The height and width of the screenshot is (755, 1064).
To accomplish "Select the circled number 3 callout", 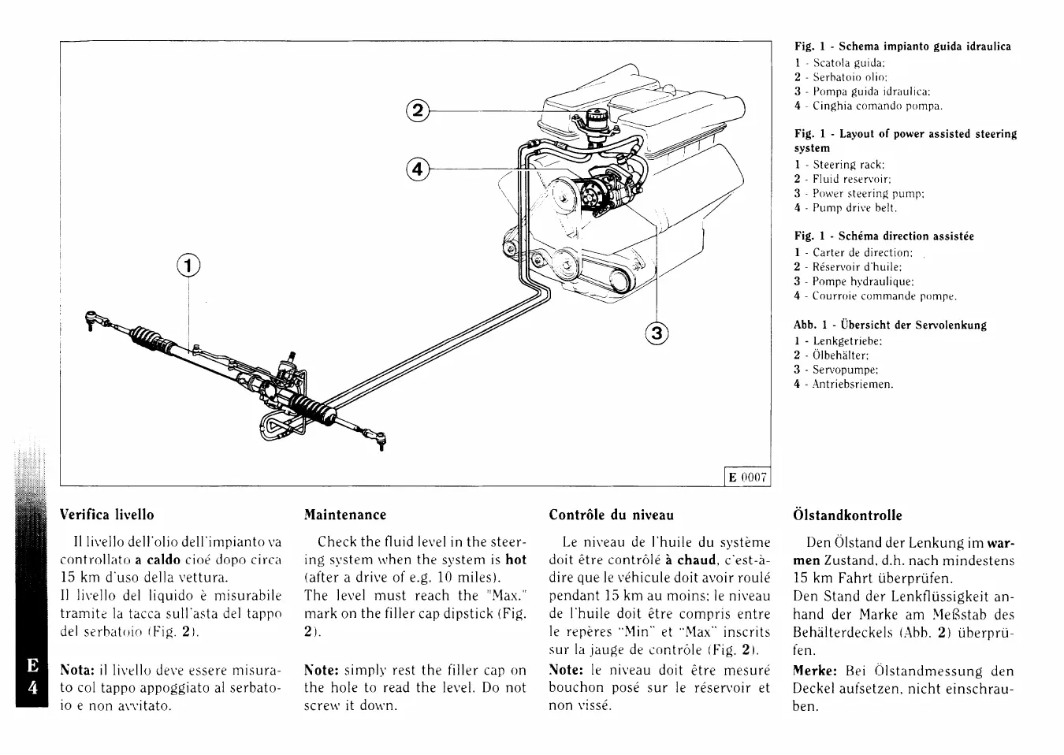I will [656, 334].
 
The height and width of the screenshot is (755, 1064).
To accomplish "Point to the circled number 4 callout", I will [418, 169].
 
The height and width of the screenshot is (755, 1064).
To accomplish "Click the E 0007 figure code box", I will [747, 477].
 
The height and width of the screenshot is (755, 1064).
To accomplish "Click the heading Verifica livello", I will [107, 515].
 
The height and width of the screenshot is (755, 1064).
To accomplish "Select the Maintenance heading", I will [345, 515].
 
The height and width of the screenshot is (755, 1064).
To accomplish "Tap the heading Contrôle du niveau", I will [611, 515].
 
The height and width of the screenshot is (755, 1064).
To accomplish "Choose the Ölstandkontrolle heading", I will [847, 515].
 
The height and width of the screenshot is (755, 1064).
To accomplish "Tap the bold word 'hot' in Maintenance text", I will [515, 559].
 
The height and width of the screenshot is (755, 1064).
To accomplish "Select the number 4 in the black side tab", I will [32, 686].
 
